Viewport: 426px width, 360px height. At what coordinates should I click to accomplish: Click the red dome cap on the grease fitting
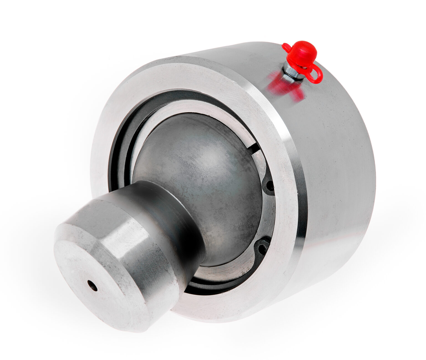302,53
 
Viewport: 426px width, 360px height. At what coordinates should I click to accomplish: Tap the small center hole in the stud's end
92,285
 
